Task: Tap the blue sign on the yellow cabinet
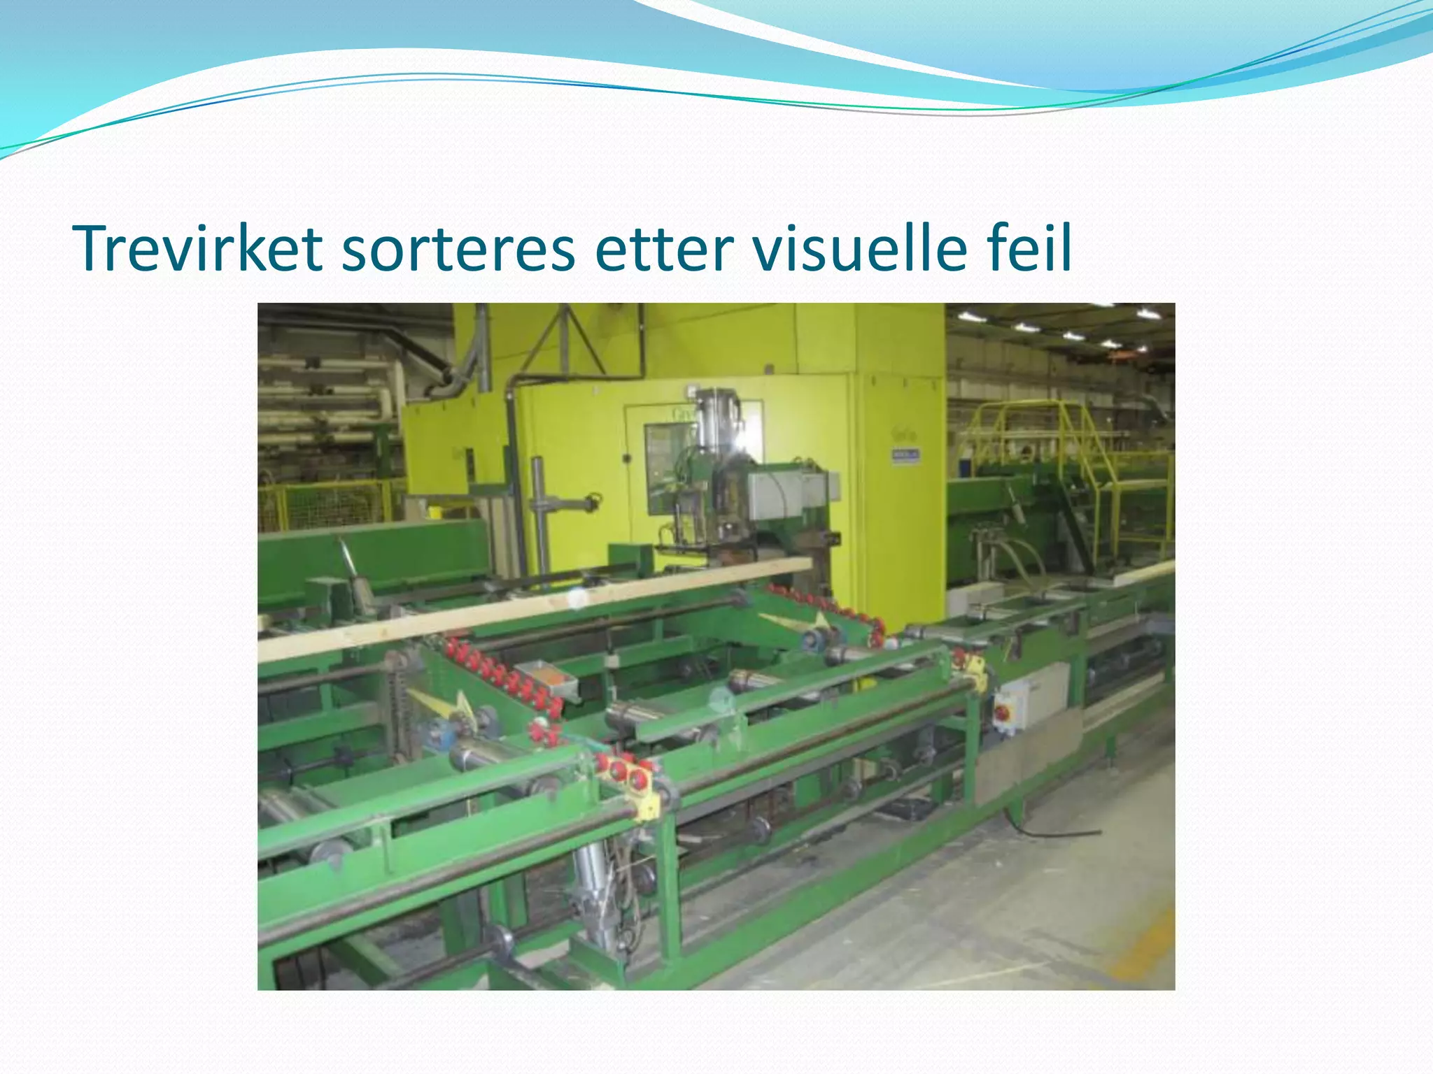(905, 455)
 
